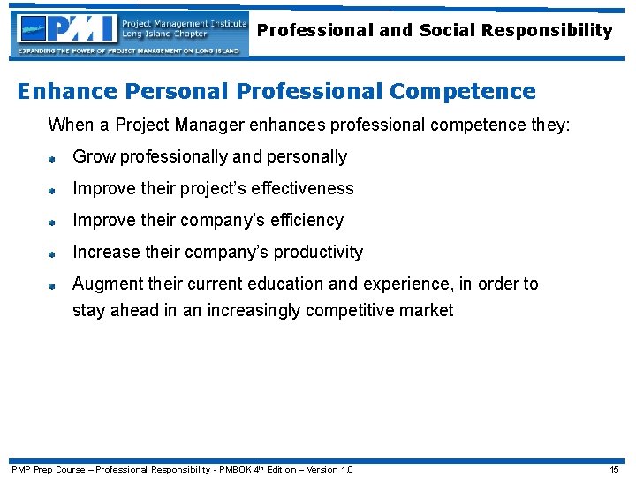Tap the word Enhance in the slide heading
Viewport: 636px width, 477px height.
64,91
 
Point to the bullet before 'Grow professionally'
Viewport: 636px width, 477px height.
53,158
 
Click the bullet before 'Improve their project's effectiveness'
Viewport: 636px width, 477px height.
53,190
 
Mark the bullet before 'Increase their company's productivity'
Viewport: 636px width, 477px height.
53,254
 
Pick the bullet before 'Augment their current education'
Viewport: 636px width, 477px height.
53,285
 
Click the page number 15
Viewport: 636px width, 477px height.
615,469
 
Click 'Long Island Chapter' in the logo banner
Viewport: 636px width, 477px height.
165,34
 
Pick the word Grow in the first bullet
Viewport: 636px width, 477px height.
94,156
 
